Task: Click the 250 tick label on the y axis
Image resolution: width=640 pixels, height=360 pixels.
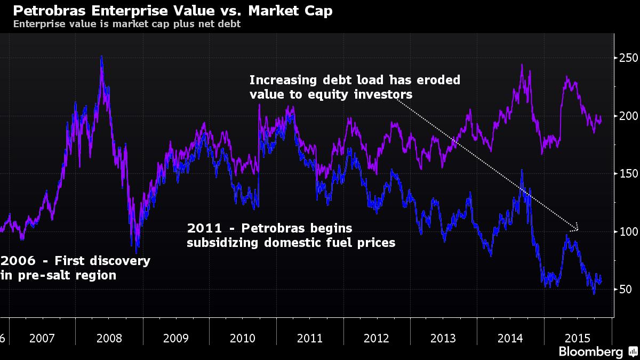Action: coord(629,58)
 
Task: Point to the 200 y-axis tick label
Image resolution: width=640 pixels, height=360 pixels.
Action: coord(629,116)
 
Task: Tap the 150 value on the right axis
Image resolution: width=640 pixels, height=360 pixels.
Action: coord(629,174)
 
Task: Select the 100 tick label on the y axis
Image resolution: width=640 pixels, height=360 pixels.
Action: coord(629,231)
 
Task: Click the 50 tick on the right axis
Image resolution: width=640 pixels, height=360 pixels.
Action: coord(626,289)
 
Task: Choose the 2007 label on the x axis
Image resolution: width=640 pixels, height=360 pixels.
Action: coord(42,338)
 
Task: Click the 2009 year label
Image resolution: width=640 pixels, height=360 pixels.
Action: coord(175,338)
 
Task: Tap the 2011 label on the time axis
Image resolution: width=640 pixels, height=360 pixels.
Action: coord(310,338)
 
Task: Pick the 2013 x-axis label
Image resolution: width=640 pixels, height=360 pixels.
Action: coord(443,338)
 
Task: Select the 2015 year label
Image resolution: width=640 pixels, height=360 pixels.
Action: coord(578,338)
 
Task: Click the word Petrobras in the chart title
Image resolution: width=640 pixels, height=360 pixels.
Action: coord(49,11)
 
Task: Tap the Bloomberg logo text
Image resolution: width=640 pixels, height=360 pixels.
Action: coord(590,351)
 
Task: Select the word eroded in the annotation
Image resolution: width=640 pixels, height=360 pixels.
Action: coord(438,80)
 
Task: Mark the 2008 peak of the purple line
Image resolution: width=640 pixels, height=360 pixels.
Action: coord(101,57)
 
